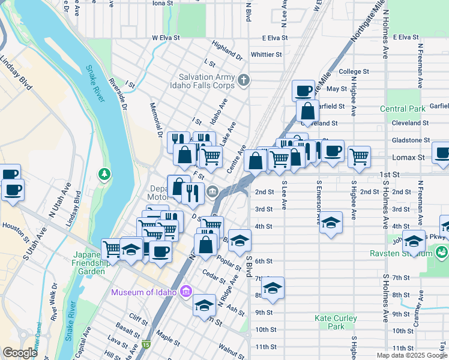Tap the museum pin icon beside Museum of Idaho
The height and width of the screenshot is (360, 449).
[x=186, y=292]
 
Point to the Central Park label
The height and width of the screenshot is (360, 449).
[x=402, y=109]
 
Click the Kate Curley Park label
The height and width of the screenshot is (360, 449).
[x=336, y=322]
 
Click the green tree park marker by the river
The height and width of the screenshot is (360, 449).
[x=105, y=175]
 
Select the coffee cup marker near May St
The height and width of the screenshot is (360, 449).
[x=304, y=91]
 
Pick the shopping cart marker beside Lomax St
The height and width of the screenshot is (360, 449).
[x=359, y=157]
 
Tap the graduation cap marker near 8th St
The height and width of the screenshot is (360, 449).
[x=273, y=288]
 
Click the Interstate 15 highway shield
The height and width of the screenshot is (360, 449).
[x=146, y=344]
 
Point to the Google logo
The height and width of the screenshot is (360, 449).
[x=20, y=353]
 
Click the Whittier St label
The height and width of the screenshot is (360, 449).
[x=266, y=55]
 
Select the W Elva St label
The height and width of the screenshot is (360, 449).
[x=167, y=38]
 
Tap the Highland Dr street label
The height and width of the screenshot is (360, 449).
[x=227, y=50]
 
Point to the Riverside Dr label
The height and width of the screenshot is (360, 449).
[x=118, y=95]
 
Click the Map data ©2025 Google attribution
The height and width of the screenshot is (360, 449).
[x=412, y=355]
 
